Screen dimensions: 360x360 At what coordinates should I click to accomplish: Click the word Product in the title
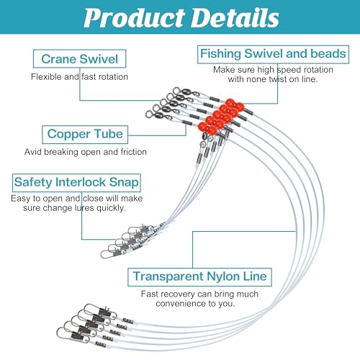tap(135, 19)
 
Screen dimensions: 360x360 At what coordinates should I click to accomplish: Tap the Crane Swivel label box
tap(79, 59)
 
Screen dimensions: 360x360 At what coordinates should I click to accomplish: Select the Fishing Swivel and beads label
tap(273, 54)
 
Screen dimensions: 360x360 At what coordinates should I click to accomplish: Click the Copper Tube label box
tap(85, 135)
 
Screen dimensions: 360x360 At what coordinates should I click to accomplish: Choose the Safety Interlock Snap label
tap(76, 183)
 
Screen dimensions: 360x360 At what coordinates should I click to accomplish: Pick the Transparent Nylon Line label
tap(199, 277)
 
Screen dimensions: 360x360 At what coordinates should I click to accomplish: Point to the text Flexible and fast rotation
tap(79, 77)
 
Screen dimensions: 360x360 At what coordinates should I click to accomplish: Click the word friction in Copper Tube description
tap(134, 152)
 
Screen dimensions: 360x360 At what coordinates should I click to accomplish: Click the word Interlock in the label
tap(81, 182)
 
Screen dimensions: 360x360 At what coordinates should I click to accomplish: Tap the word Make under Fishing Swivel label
tap(224, 70)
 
